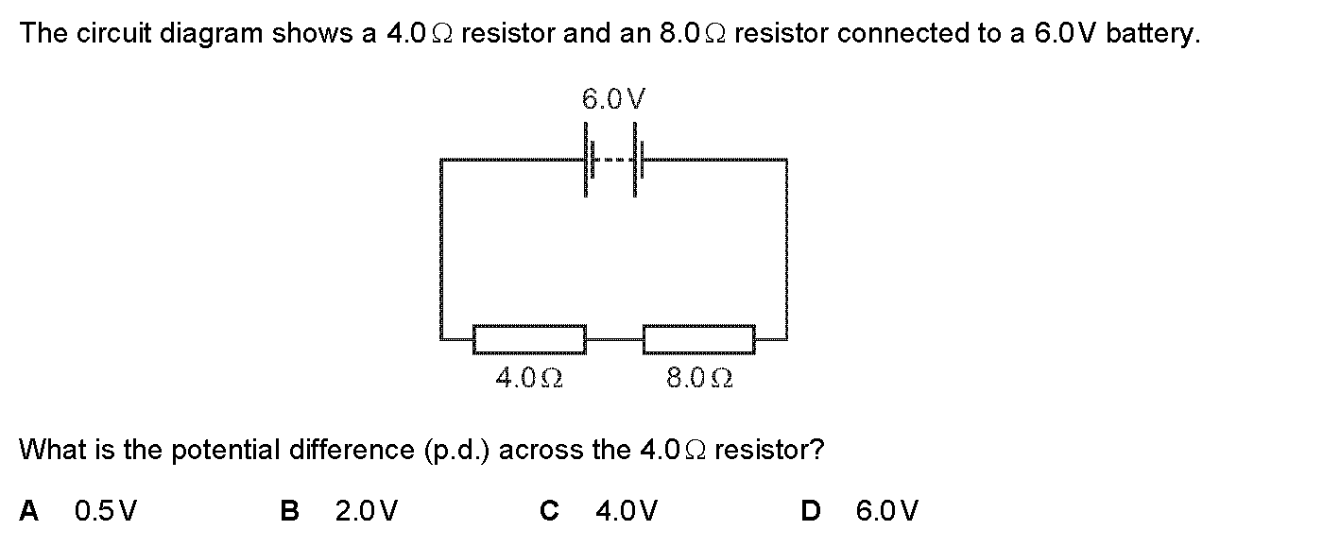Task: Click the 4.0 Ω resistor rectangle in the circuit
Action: click(528, 338)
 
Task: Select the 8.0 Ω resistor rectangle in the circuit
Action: click(698, 338)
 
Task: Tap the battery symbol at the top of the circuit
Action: click(613, 160)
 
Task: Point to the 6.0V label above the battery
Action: click(614, 98)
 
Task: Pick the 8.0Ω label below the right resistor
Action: click(699, 379)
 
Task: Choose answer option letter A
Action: click(29, 511)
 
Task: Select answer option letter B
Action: click(290, 511)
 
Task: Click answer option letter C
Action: click(548, 511)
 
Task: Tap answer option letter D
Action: click(810, 511)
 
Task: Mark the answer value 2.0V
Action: click(367, 511)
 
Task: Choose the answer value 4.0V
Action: click(627, 511)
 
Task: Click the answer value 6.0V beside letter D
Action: click(886, 511)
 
